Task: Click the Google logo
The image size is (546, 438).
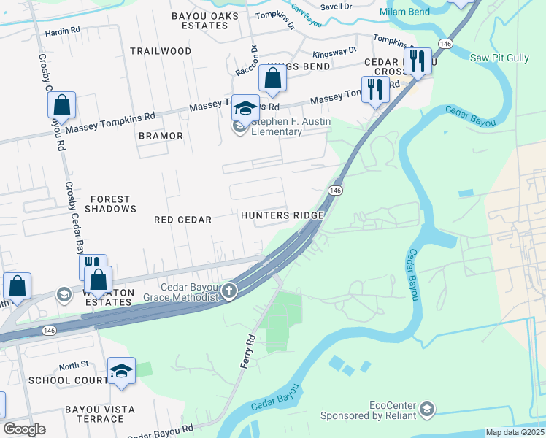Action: coord(24,429)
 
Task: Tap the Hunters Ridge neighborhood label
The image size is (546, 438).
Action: coord(282,216)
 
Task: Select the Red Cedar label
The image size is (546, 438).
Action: coord(183,220)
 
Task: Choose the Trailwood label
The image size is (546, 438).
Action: coord(161,51)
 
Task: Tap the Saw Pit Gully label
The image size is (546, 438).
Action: coord(500,58)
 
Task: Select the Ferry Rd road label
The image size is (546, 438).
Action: coord(248,350)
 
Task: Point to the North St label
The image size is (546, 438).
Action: coord(73,364)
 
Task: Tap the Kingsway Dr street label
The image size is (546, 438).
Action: coord(334,53)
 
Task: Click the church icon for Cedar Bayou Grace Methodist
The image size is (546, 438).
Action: coord(229,292)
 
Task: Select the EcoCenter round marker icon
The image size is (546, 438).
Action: coord(427,408)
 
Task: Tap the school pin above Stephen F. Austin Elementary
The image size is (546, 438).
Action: coord(246,108)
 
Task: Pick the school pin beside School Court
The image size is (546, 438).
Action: coord(121,371)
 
